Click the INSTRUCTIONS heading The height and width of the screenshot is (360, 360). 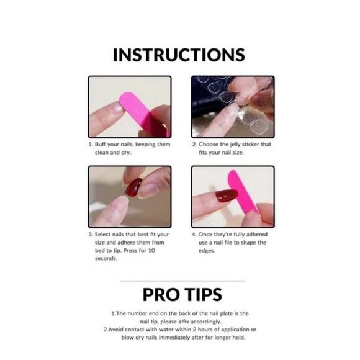click(179, 55)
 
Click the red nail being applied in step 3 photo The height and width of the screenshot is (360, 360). click(133, 186)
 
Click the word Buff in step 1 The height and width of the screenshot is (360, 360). click(101, 144)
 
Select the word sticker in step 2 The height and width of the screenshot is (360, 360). click(252, 144)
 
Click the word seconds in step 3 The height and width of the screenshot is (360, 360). click(107, 258)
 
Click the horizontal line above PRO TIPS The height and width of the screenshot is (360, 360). click(179, 281)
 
